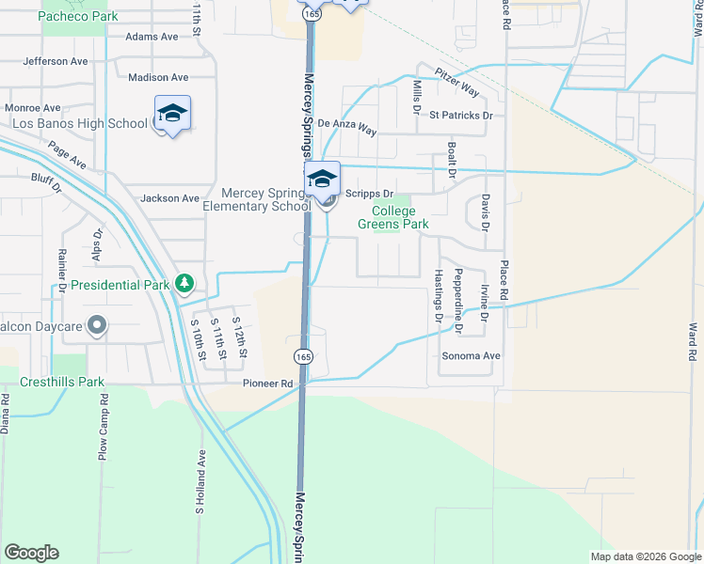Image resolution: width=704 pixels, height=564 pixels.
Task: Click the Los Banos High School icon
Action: [172, 114]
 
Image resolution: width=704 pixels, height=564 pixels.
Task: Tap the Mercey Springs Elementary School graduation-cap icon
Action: [322, 179]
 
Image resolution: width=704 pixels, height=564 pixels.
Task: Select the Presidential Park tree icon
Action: [185, 283]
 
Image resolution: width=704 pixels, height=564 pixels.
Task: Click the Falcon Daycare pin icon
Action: [96, 326]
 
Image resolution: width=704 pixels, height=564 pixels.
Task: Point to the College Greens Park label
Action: [393, 217]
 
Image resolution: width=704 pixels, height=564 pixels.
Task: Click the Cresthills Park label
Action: [64, 384]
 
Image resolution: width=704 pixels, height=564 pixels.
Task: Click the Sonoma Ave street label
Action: [472, 356]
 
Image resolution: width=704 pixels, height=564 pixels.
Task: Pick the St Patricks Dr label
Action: [461, 116]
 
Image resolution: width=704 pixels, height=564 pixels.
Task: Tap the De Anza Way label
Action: [346, 123]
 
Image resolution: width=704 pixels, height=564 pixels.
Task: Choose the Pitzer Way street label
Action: [457, 83]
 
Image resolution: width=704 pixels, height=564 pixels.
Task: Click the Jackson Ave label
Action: [169, 198]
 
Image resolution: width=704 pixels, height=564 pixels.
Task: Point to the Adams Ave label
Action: [152, 37]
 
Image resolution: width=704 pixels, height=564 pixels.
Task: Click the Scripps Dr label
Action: [361, 194]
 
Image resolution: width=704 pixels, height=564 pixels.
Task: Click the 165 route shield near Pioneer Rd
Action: [302, 357]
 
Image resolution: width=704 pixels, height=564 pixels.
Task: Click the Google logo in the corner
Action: [31, 553]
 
